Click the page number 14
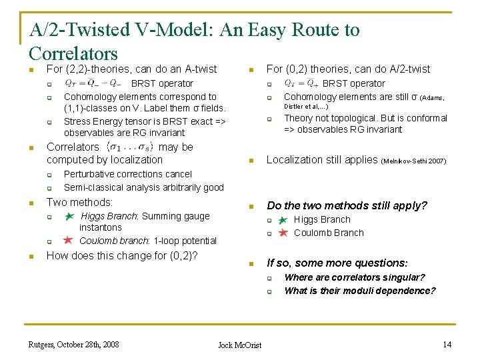tap(446, 344)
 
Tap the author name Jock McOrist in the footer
tap(240, 345)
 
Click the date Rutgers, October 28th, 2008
tap(73, 344)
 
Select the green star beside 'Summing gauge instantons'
tap(69, 217)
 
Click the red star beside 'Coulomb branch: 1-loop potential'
tap(68, 240)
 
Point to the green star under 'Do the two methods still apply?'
tap(283, 220)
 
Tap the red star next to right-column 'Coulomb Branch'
tap(283, 233)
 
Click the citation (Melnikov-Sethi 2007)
tap(414, 161)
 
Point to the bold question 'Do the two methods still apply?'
tap(347, 205)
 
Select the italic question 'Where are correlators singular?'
tap(354, 277)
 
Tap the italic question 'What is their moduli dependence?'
tap(359, 291)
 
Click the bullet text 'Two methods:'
tap(79, 202)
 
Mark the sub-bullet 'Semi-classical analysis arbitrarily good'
tap(143, 187)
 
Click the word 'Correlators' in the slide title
tap(73, 54)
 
